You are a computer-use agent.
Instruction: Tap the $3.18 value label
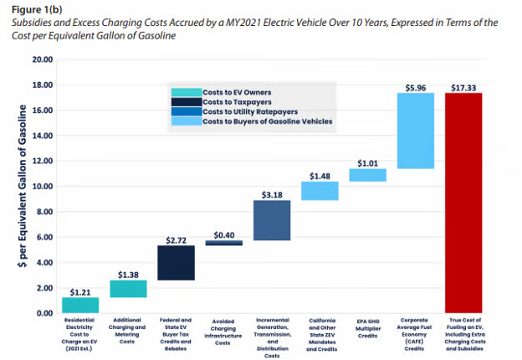tap(272, 194)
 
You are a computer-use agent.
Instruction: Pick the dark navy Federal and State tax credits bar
tap(177, 262)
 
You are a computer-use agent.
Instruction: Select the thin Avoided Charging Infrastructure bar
tap(224, 243)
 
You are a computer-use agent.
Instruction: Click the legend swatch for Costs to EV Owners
tap(183, 91)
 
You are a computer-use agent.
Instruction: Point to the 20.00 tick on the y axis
tap(42, 60)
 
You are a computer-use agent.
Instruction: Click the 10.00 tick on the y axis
tap(42, 187)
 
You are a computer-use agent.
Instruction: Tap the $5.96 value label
tap(415, 86)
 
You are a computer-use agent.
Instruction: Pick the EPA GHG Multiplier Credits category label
tap(367, 324)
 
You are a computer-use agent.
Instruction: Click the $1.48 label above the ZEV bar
tap(320, 175)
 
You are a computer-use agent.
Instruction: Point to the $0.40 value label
tap(224, 235)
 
